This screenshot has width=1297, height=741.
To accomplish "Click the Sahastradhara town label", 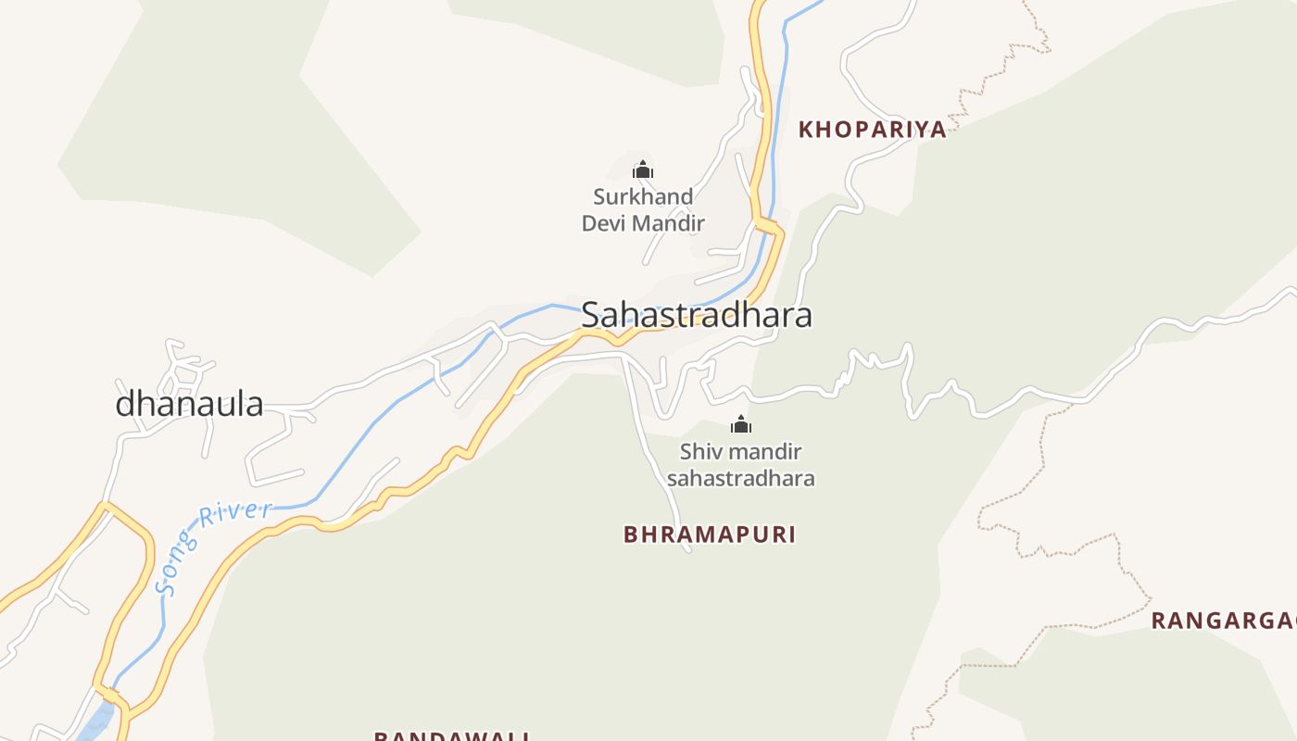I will coord(697,315).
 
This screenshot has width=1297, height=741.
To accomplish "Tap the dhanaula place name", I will coord(189,404).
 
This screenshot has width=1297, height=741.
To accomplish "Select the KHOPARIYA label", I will coord(873,130).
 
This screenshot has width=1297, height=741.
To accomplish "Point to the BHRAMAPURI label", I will coord(710,534).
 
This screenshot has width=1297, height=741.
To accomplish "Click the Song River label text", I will coord(211,546).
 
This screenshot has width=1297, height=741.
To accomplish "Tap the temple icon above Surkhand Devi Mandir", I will coord(643,170).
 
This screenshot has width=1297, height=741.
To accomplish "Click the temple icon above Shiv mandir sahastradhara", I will coord(740,425).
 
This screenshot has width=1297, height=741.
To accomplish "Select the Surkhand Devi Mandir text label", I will coord(643,210).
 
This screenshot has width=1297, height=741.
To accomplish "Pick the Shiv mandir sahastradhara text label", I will coord(740,465).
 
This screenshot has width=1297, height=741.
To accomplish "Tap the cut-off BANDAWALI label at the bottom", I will coord(451,735).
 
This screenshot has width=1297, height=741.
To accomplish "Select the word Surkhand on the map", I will coord(643,196).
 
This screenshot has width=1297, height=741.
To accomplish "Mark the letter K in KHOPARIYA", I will coord(806,130).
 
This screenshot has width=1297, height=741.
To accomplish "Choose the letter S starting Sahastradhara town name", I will coord(591,316).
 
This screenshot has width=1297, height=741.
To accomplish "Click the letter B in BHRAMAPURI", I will coord(631,534).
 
